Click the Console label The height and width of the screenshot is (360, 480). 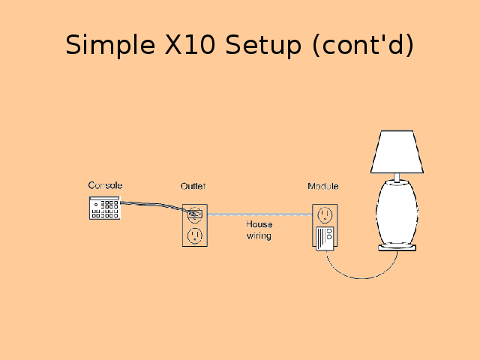[105, 185]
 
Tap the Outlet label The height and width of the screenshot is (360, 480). [193, 186]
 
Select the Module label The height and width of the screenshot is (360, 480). [323, 186]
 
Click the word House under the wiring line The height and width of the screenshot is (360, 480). [259, 224]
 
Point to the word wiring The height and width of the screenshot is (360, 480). [259, 235]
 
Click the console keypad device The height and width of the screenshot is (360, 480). [104, 208]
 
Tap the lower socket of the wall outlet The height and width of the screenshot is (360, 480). [195, 235]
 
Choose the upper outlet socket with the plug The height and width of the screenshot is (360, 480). [195, 214]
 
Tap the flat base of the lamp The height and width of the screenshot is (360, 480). [397, 247]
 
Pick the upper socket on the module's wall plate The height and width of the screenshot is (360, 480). [324, 214]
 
